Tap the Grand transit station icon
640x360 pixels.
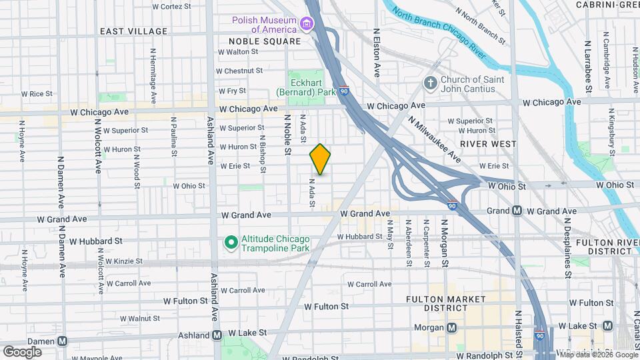tap(517, 211)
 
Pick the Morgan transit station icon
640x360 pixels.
tap(452, 327)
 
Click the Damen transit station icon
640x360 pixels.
tap(62, 341)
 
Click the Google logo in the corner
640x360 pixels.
tap(22, 351)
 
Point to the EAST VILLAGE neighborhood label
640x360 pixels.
tap(133, 31)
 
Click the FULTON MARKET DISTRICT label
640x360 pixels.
tap(437, 303)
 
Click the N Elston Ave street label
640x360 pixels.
tap(377, 52)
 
